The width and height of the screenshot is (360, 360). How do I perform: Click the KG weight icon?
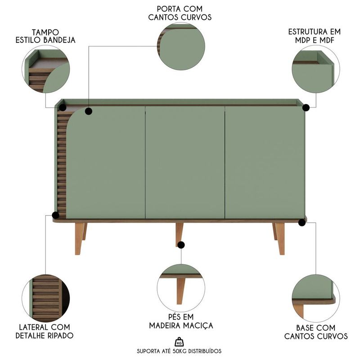point(179,342)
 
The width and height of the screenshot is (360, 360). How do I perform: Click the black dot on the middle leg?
point(181,245)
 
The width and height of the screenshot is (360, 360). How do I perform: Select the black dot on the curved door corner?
point(89,111)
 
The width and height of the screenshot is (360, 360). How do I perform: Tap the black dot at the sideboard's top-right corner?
point(306,108)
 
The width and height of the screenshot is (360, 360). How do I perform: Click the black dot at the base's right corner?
point(302,222)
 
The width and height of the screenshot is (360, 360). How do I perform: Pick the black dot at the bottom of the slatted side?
point(55,215)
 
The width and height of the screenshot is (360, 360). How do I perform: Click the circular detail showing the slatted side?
point(46,298)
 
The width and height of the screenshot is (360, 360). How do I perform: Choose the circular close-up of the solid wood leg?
point(181,288)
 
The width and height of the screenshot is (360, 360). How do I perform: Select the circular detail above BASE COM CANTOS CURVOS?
point(316,298)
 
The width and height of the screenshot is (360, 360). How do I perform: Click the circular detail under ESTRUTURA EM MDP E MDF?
point(316,69)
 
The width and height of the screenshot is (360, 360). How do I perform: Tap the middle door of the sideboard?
point(185,162)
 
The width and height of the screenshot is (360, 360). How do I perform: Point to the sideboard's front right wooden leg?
point(280,239)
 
